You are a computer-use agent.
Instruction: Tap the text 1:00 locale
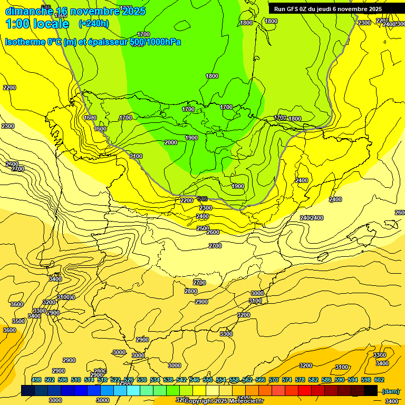tap(37, 24)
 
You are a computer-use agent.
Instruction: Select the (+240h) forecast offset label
tap(94, 24)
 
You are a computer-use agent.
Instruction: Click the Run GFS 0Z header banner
tap(328, 9)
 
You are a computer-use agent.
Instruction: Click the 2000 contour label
tap(170, 142)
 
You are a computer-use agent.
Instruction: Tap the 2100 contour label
tap(136, 156)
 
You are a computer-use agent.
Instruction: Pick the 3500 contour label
tap(18, 321)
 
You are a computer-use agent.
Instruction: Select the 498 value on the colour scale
tap(36, 380)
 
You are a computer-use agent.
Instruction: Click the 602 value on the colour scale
tap(379, 380)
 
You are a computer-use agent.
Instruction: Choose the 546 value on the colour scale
tap(195, 380)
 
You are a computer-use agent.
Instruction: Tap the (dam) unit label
tap(390, 391)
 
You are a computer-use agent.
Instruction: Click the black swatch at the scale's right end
tap(371, 391)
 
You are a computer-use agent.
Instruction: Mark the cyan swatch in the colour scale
tap(133, 391)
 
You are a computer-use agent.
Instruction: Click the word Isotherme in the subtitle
tap(24, 42)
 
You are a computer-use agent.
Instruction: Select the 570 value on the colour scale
tap(274, 380)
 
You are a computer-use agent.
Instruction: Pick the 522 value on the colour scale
tap(115, 380)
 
